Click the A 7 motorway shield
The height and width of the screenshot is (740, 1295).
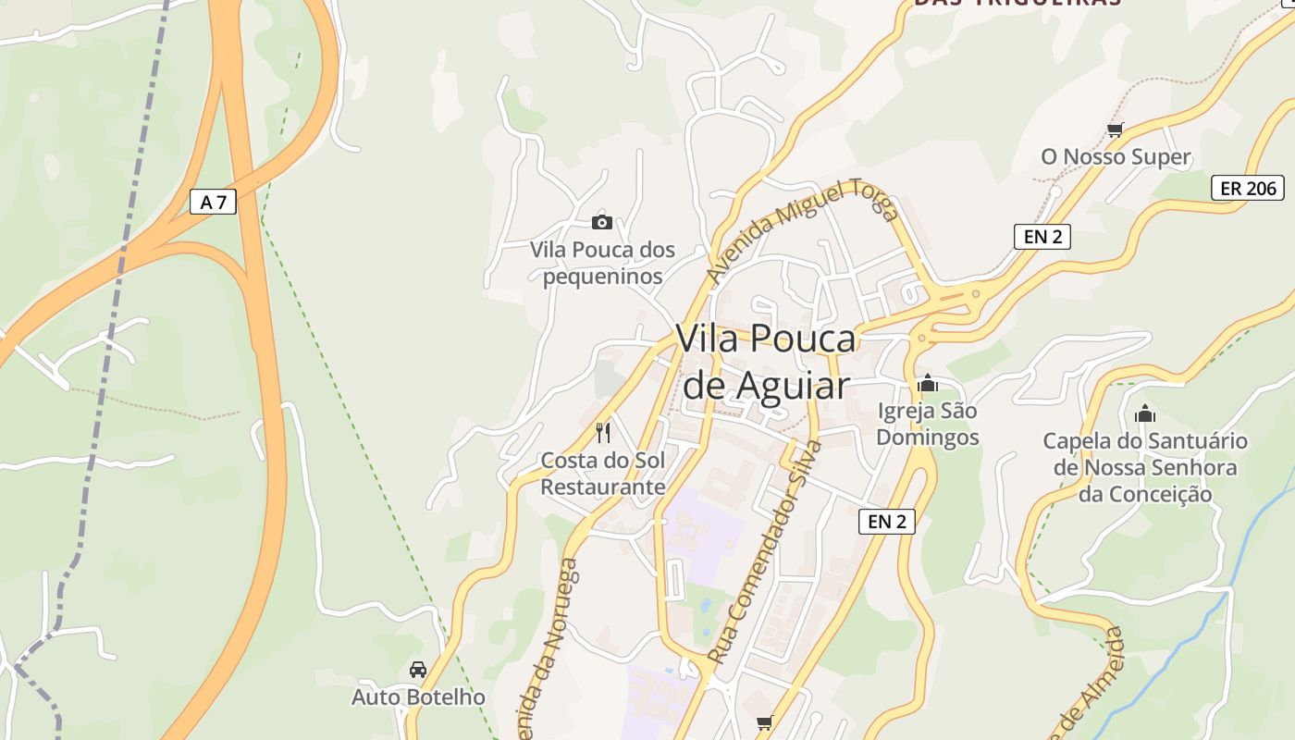point(213,202)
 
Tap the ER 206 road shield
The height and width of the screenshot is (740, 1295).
point(1248,188)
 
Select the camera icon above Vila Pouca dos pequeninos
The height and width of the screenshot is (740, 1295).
point(602,222)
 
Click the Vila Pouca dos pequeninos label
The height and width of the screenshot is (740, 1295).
point(602,263)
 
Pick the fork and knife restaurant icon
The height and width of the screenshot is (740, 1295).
point(603,431)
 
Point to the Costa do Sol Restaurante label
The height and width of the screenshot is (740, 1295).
point(603,474)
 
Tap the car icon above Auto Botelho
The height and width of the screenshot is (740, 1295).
point(418,669)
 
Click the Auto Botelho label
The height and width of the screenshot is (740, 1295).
point(418,697)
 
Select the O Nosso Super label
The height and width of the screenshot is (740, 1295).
point(1116,157)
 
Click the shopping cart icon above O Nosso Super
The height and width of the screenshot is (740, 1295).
point(1116,130)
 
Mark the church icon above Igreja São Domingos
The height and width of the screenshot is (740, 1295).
point(928,383)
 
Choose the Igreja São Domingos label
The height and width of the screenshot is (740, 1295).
point(928,424)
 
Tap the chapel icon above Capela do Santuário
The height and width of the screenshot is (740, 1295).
point(1145,413)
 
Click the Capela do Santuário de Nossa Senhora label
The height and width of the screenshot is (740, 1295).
point(1145,467)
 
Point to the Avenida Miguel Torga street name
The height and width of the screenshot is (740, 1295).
point(801,230)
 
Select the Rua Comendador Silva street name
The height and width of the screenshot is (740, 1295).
point(764,552)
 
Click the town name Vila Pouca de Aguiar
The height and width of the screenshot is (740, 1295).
point(766,362)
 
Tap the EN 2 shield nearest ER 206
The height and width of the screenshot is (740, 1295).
point(1042,236)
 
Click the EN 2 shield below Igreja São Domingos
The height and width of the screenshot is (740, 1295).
point(887,522)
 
